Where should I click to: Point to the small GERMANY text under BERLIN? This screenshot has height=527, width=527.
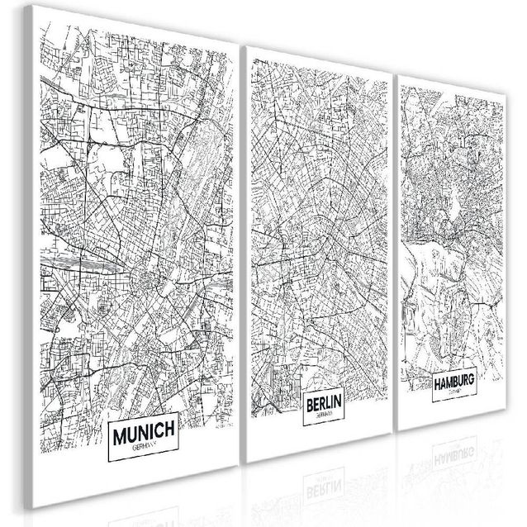click(325, 415)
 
